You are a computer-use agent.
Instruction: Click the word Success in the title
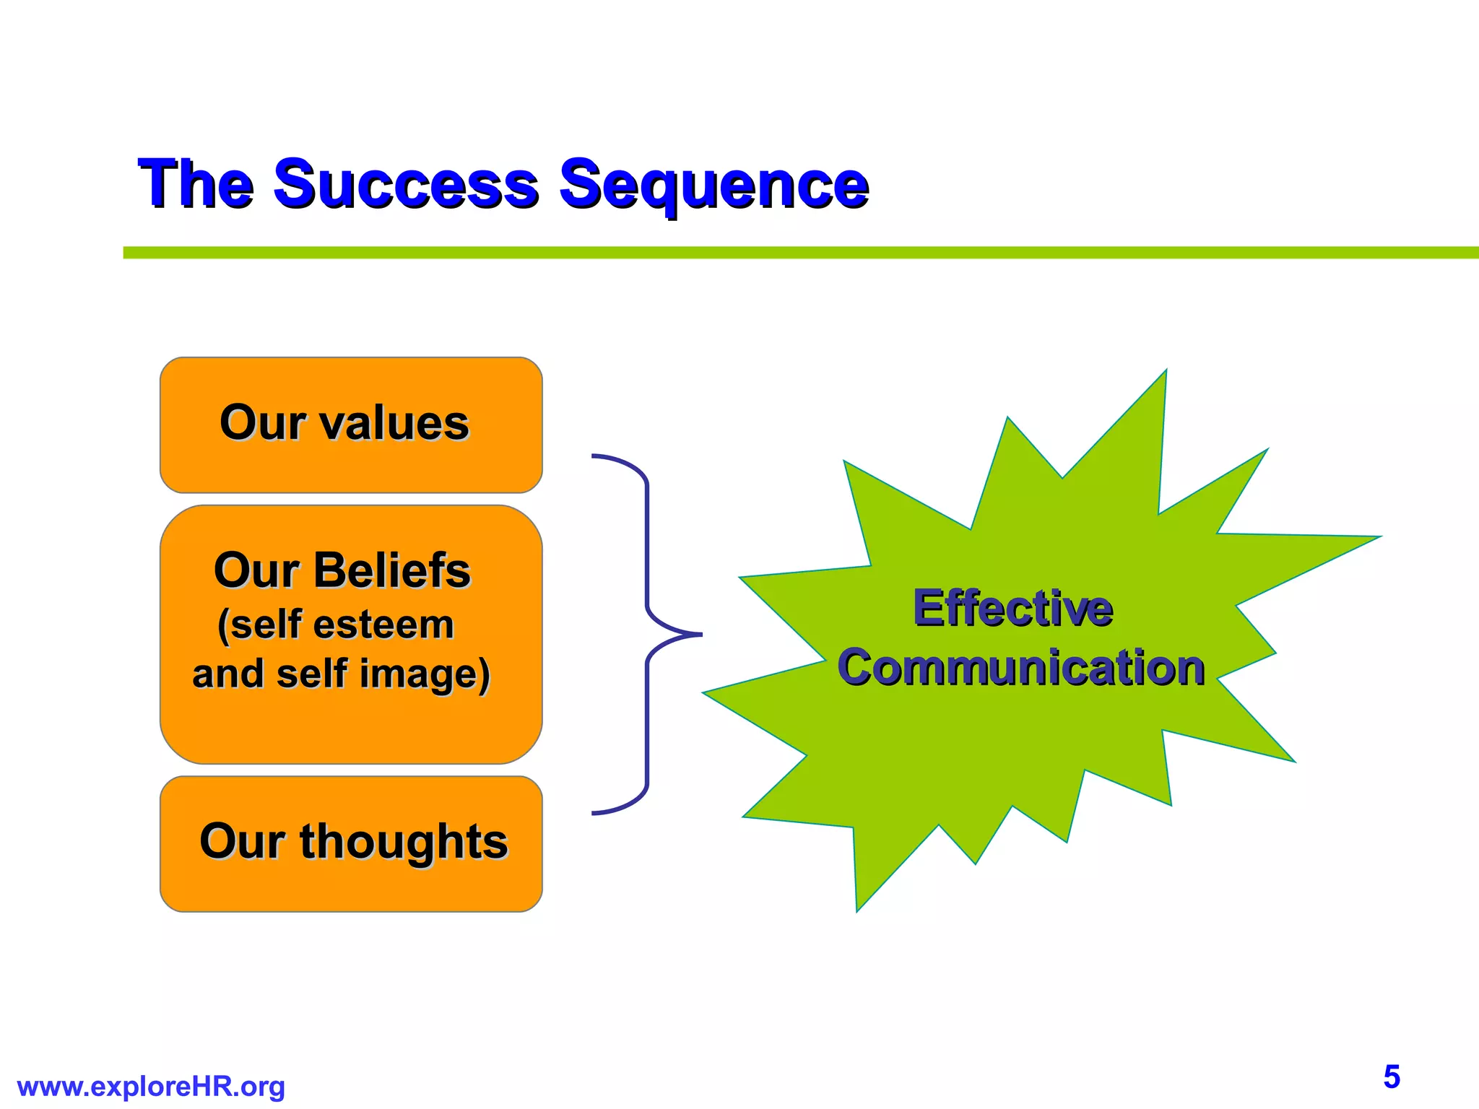pos(405,185)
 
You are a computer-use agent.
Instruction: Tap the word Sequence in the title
pos(714,186)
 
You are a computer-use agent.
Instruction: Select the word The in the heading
pos(196,185)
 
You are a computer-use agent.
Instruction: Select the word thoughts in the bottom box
pos(404,842)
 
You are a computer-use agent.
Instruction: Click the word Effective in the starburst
pos(1013,608)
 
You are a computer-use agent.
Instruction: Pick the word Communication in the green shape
pos(1021,667)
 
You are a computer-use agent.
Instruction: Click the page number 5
pos(1392,1077)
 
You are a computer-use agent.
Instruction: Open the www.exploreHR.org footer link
pos(151,1086)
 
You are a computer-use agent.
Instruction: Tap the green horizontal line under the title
pos(794,253)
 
